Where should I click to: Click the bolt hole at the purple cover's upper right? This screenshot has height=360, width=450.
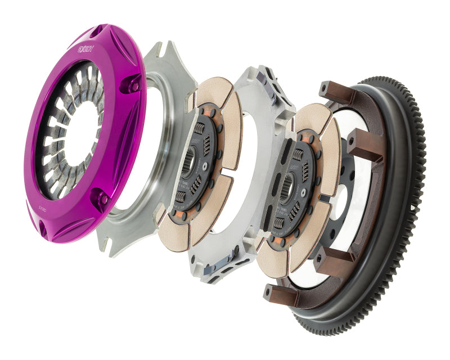(x=134, y=85)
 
